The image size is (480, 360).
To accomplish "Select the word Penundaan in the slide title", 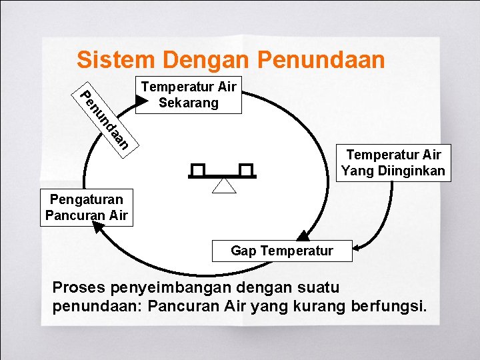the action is (320, 60).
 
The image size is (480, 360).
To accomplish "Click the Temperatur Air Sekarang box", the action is (188, 95).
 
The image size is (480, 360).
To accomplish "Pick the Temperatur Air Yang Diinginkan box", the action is (393, 163).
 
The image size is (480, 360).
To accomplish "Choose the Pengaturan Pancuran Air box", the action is (86, 207).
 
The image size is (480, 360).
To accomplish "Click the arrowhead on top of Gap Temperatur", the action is (303, 235).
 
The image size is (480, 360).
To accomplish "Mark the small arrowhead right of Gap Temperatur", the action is (356, 249).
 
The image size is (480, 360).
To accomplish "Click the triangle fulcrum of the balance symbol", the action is (224, 185).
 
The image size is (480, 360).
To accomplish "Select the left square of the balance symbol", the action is (198, 170).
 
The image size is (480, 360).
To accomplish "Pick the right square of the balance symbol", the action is (247, 170).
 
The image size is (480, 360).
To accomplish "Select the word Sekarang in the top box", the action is (188, 103).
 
